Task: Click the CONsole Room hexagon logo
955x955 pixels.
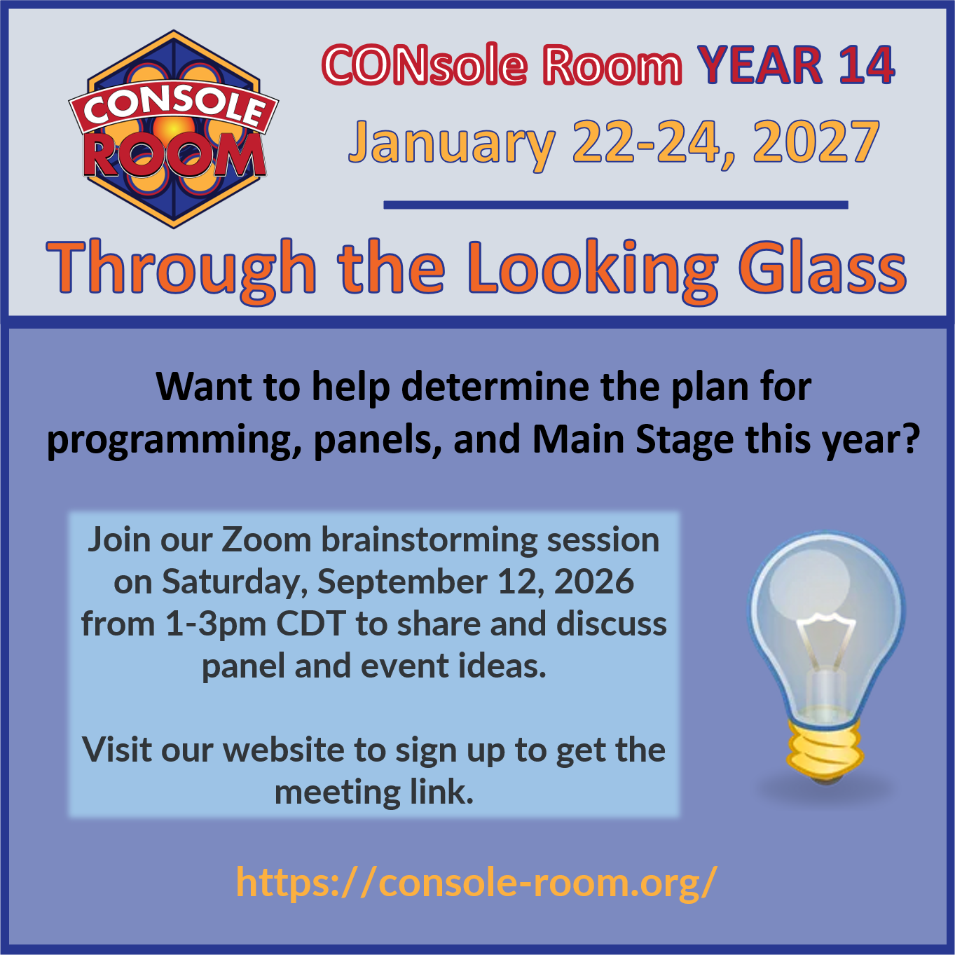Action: tap(174, 130)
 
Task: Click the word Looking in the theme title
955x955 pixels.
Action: tap(592, 272)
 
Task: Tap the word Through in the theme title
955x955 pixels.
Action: tap(181, 272)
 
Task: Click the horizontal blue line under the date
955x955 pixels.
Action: tap(615, 205)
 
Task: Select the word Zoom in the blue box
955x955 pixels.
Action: tap(266, 540)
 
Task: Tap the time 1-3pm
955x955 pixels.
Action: tap(216, 625)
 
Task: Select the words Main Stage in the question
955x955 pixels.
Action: tap(633, 441)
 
